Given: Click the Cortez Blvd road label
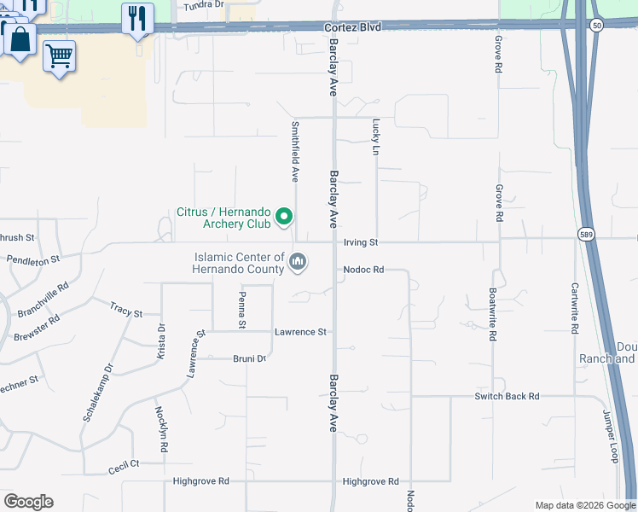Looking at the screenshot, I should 352,27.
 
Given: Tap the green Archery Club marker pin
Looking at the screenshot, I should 285,218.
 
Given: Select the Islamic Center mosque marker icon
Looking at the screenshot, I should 298,261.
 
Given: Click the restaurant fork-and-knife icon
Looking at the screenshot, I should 137,18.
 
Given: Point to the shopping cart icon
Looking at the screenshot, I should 59,56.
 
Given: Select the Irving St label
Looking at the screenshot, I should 360,243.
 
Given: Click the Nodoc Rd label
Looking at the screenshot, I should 364,270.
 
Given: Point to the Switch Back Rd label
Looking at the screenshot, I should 507,397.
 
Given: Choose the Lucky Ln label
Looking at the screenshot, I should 374,137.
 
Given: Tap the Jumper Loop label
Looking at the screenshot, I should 609,436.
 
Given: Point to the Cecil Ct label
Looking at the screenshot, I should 124,465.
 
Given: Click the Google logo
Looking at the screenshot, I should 28,502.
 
